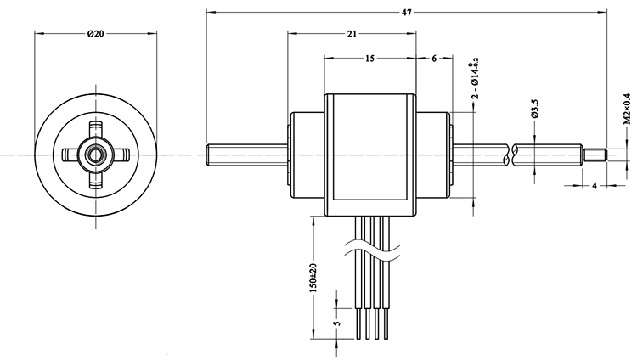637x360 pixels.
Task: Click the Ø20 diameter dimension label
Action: coord(95,34)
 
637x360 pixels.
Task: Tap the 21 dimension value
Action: coord(352,34)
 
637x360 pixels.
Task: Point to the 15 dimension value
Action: coord(369,59)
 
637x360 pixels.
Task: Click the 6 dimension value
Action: coord(434,59)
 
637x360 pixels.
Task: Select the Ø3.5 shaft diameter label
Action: coord(534,110)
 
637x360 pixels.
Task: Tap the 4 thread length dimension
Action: coord(594,184)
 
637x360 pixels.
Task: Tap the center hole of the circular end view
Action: coord(95,155)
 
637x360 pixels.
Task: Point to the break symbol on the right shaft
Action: coord(510,155)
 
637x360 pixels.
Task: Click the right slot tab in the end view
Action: coord(121,155)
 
